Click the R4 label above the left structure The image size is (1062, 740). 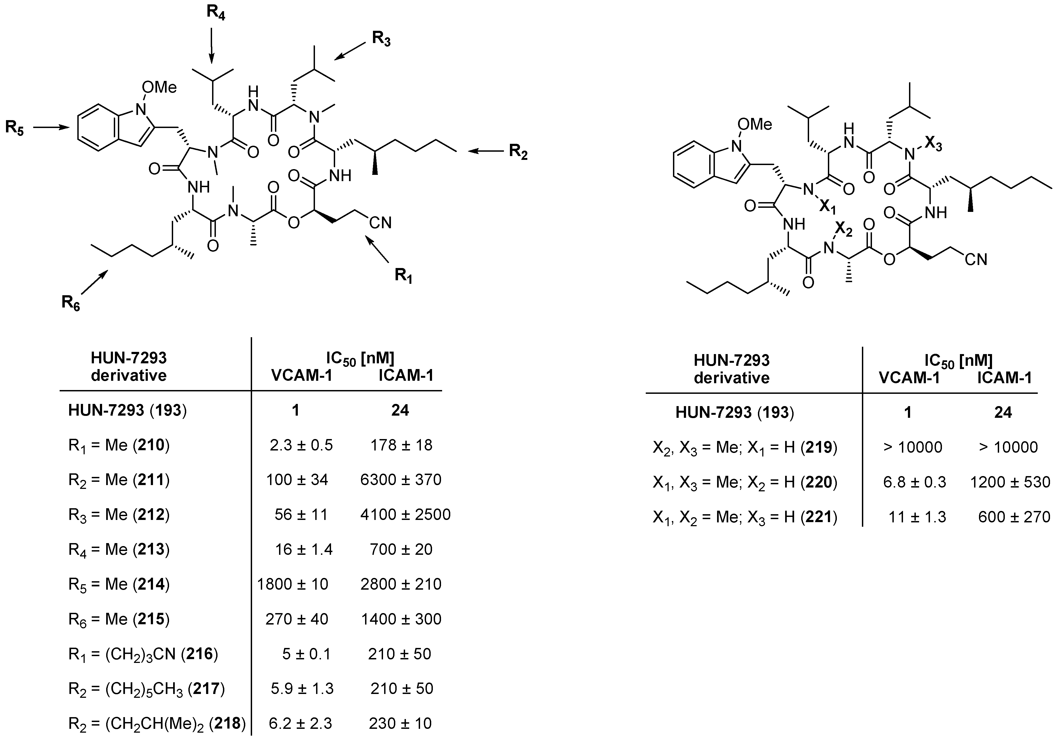(x=216, y=13)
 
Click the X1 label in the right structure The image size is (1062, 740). (x=828, y=207)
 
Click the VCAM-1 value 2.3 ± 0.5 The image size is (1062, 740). (x=301, y=445)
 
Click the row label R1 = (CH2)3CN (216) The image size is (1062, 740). (x=142, y=654)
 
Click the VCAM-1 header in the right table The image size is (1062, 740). (x=909, y=378)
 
